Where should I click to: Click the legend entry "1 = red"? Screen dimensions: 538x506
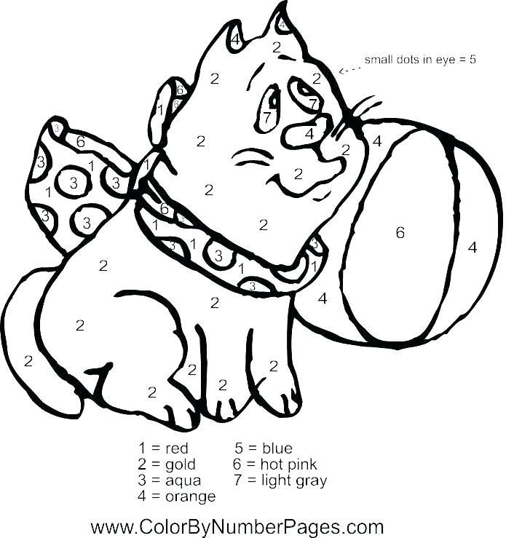coord(163,448)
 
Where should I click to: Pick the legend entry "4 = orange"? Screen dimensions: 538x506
coord(176,497)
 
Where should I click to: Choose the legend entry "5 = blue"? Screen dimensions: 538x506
coord(263,448)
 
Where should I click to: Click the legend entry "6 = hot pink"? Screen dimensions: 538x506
coord(274,464)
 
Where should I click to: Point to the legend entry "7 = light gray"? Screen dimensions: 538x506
coord(280,480)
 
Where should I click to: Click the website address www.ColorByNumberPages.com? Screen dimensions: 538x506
coord(237,526)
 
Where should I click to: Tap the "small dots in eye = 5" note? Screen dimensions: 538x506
coord(420,60)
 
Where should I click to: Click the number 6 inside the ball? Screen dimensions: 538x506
coord(400,233)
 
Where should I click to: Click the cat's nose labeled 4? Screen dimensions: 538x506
coord(309,134)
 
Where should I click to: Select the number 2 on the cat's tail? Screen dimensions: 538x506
coord(28,360)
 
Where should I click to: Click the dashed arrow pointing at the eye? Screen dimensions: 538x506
coord(350,68)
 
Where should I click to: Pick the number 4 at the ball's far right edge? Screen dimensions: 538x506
coord(473,248)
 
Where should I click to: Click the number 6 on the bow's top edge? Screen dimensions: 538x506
coord(81,141)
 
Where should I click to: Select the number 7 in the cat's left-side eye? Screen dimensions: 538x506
coord(267,116)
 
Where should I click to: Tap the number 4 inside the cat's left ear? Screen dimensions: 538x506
coord(236,38)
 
